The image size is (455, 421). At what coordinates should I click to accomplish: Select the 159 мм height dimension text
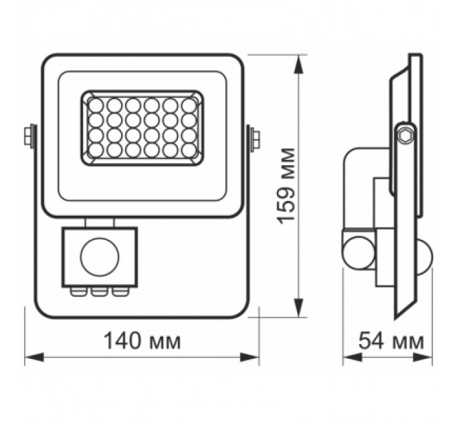[x=287, y=184]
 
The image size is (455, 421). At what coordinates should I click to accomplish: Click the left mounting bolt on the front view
[x=30, y=136]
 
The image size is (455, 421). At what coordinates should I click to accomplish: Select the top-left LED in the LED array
[x=96, y=105]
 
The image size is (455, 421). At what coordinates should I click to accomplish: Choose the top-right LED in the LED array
[x=189, y=105]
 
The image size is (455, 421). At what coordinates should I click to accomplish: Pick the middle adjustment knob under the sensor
[x=100, y=291]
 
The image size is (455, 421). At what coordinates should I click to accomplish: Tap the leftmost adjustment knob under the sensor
[x=80, y=291]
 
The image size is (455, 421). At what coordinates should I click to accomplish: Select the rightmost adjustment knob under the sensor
[x=119, y=291]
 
